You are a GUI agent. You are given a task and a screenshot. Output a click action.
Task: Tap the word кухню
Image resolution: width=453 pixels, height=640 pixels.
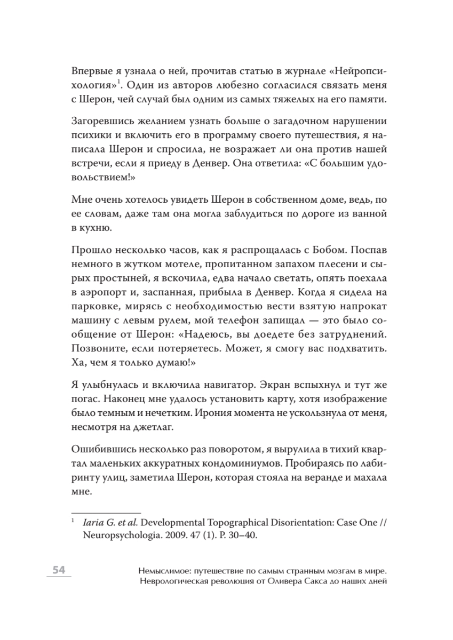click(x=98, y=228)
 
